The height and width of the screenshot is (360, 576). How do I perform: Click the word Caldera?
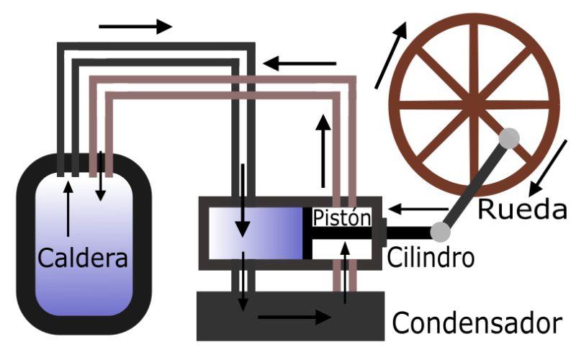click(x=84, y=257)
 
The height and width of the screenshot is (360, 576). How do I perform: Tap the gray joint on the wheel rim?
click(x=510, y=138)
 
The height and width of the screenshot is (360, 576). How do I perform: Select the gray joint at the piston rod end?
click(x=441, y=231)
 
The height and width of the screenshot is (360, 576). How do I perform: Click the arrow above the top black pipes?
click(x=135, y=27)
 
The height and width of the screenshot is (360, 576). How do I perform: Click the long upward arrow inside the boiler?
click(x=68, y=209)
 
